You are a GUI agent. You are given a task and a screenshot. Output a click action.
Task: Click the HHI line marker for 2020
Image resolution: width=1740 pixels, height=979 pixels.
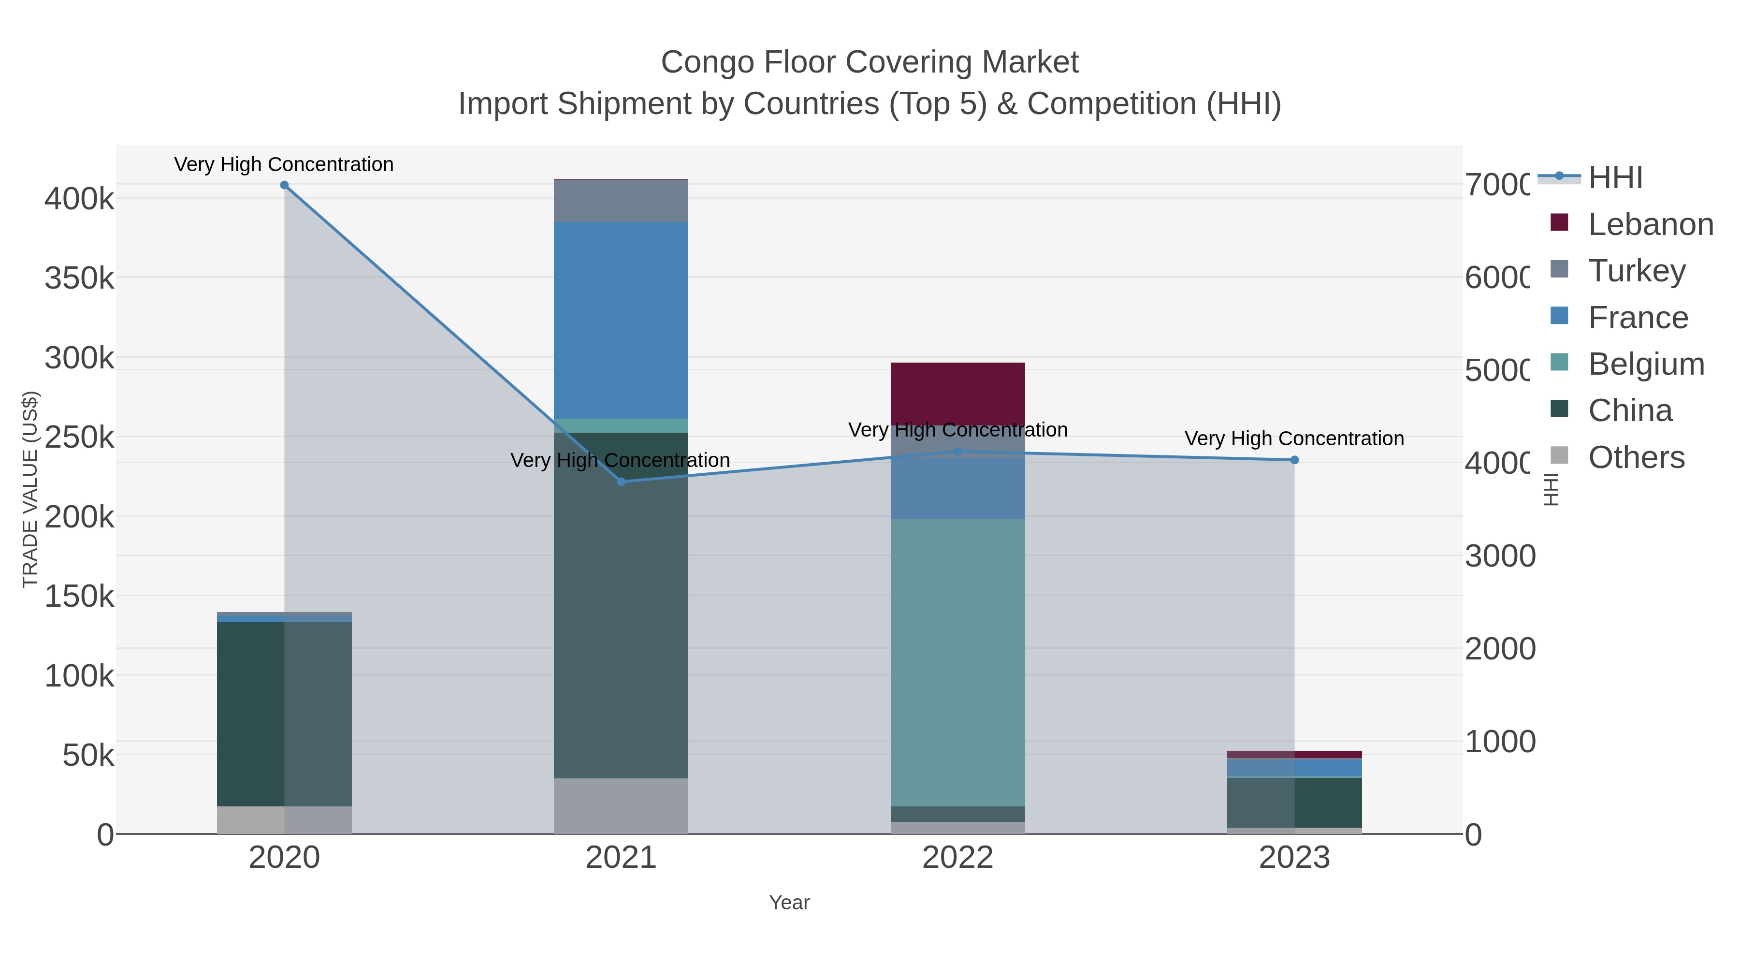(x=284, y=185)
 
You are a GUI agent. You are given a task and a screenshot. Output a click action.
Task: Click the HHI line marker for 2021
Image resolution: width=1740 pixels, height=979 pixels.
(x=622, y=482)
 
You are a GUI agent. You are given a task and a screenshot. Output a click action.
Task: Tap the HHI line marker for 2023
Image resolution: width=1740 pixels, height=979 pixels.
(x=1294, y=460)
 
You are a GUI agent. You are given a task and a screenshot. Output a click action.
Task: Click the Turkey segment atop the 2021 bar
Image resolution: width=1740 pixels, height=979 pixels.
(x=621, y=201)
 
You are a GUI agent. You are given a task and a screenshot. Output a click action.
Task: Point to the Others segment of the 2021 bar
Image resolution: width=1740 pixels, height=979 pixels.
(x=621, y=806)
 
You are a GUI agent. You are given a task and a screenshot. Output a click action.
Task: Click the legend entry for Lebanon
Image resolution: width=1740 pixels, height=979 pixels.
(x=1650, y=224)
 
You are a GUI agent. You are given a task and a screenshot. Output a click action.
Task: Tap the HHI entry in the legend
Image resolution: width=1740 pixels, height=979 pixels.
(x=1615, y=178)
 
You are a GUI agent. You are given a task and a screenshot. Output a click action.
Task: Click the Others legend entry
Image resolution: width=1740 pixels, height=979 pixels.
(x=1636, y=457)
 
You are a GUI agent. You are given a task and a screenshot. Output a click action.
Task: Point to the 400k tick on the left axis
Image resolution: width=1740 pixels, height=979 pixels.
(x=79, y=199)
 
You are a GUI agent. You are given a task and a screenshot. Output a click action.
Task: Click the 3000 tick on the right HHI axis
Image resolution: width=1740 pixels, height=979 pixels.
(x=1499, y=556)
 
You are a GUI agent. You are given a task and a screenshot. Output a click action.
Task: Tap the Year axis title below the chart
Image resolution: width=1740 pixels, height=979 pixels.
(x=789, y=903)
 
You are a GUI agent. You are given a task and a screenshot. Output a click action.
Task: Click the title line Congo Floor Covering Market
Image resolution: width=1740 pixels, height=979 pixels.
(x=870, y=62)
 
